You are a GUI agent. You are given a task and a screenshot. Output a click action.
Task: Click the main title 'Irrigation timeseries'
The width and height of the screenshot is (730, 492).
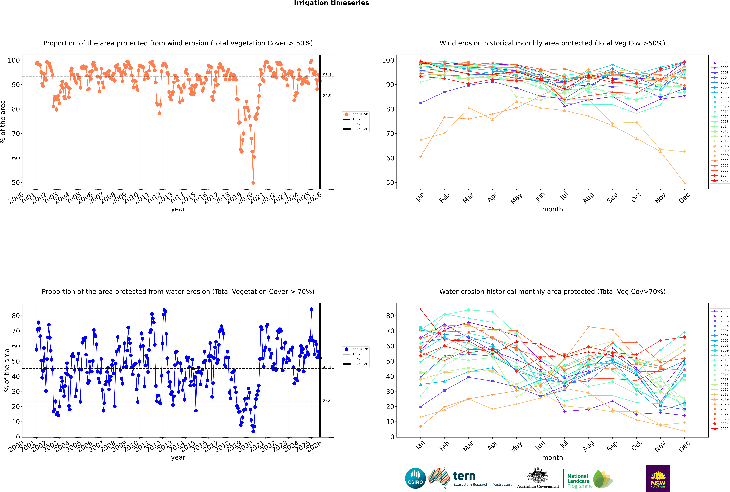(331, 3)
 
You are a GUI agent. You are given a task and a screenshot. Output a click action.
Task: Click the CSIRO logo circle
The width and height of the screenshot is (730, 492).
(415, 478)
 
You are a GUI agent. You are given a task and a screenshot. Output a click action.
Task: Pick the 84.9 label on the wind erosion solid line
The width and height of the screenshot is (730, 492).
(327, 96)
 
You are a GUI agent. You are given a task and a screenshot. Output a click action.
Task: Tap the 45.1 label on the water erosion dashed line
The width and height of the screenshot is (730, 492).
(327, 367)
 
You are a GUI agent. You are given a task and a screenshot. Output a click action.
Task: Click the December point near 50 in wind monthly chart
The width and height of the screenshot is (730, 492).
(685, 183)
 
